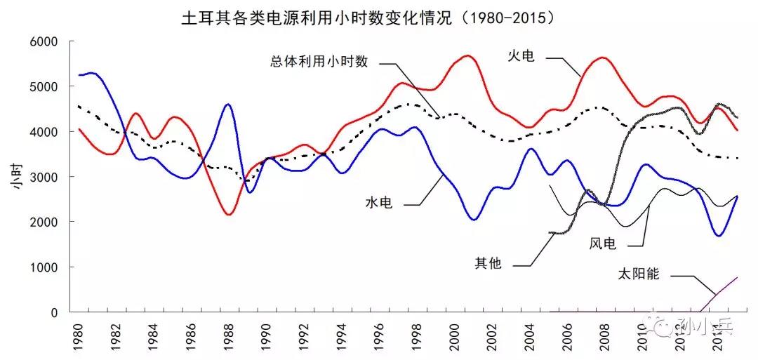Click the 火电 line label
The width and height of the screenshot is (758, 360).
click(521, 55)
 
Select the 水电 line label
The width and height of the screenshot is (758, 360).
click(378, 204)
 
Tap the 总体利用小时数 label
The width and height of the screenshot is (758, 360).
click(319, 61)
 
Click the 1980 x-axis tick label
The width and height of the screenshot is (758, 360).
click(79, 335)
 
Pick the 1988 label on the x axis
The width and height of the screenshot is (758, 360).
click(229, 335)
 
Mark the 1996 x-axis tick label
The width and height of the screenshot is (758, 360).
click(378, 335)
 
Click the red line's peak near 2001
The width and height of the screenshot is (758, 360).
click(468, 55)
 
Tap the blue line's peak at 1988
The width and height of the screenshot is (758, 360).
click(228, 105)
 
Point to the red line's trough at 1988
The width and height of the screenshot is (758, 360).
click(229, 214)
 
